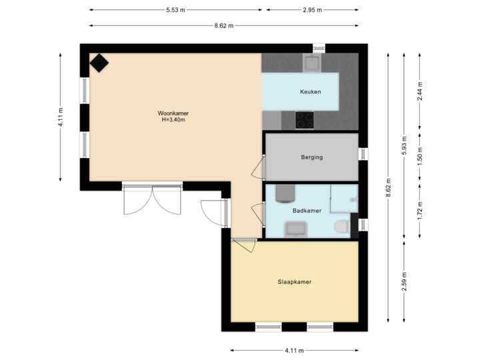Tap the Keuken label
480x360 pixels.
310,91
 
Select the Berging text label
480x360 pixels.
311,157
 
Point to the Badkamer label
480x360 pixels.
307,211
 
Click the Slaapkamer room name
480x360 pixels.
295,282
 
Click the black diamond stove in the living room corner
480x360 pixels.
99,63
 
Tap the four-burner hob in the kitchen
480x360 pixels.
305,120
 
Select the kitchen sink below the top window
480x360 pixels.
312,63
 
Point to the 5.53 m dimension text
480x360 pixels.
176,10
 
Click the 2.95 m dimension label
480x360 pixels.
312,10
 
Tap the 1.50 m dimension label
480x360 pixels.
419,156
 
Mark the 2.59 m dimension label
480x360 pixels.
405,281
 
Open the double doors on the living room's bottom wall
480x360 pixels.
152,200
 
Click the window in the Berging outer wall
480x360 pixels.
363,154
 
